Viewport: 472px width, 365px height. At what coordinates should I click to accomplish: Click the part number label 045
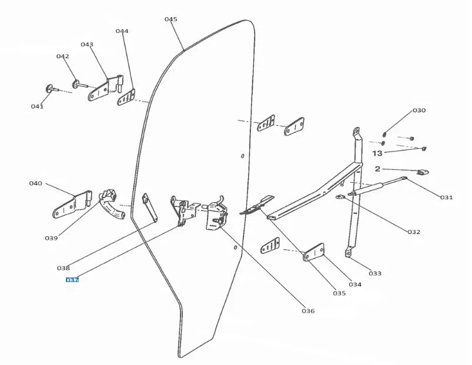click(170, 19)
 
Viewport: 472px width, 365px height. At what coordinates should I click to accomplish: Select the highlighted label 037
click(72, 280)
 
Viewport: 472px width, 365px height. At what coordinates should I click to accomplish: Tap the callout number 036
click(307, 310)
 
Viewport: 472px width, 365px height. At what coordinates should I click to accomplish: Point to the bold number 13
click(377, 153)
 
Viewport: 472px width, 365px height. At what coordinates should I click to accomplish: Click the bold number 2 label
click(377, 169)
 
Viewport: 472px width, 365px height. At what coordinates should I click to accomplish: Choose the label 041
click(37, 106)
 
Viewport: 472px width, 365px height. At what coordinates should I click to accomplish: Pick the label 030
click(419, 110)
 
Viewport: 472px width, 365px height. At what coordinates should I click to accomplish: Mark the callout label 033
click(374, 273)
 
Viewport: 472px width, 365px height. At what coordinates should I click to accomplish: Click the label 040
click(36, 183)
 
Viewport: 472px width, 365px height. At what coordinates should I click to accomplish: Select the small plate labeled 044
click(127, 96)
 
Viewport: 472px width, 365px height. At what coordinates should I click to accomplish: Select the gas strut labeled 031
click(376, 186)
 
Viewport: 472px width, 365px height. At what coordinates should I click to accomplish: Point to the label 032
click(414, 232)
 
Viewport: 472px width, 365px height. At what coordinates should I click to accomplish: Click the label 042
click(63, 56)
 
